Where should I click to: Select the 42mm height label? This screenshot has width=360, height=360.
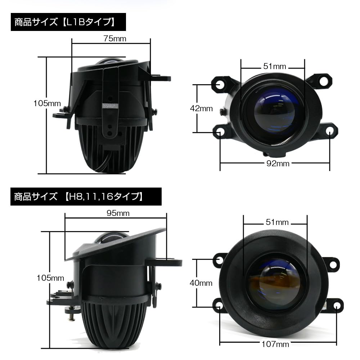pyautogui.click(x=201, y=108)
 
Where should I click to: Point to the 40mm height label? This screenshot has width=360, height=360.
pyautogui.click(x=201, y=283)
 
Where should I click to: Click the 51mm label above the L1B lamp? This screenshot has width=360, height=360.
pyautogui.click(x=274, y=67)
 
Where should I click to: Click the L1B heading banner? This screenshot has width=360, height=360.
pyautogui.click(x=65, y=22)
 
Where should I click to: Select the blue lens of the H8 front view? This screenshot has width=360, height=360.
pyautogui.click(x=276, y=284)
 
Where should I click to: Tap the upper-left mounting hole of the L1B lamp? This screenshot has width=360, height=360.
pyautogui.click(x=220, y=84)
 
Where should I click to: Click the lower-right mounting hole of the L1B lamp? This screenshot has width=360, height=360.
pyautogui.click(x=330, y=132)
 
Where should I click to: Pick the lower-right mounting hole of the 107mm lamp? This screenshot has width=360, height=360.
pyautogui.click(x=337, y=306)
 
